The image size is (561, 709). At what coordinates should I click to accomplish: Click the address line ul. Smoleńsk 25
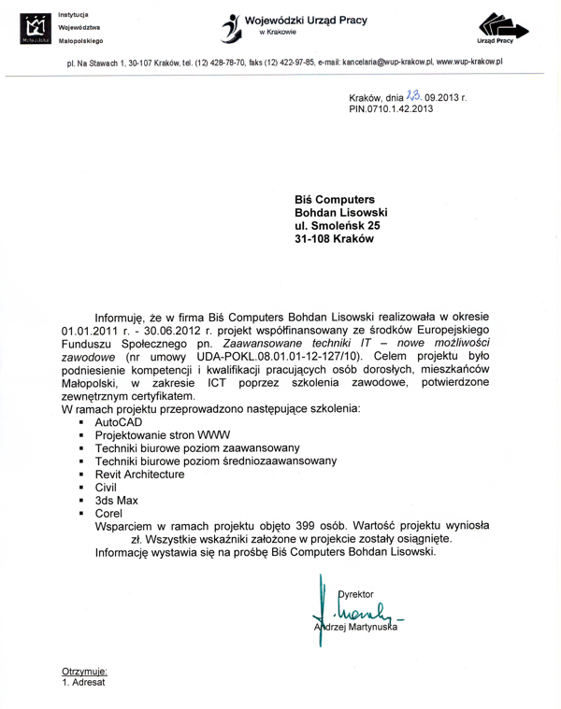click(x=338, y=224)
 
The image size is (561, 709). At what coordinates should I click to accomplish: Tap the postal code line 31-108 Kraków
click(x=334, y=238)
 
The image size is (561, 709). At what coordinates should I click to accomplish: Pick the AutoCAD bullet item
click(x=119, y=423)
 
